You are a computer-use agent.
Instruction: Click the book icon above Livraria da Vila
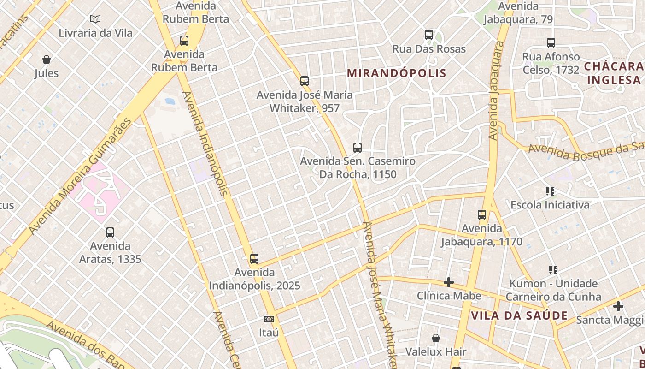pyautogui.click(x=95, y=19)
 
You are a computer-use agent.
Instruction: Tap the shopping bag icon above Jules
pyautogui.click(x=47, y=60)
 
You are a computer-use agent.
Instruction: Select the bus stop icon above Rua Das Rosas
pyautogui.click(x=429, y=35)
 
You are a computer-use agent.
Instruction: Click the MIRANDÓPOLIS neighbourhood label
pyautogui.click(x=397, y=73)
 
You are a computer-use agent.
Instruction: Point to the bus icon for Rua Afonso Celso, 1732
pyautogui.click(x=551, y=43)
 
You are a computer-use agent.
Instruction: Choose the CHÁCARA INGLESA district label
pyautogui.click(x=614, y=73)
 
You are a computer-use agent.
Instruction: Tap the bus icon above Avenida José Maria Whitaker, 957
pyautogui.click(x=305, y=81)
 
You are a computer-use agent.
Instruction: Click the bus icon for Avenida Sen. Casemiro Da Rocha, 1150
pyautogui.click(x=358, y=148)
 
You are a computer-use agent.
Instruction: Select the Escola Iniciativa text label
pyautogui.click(x=550, y=205)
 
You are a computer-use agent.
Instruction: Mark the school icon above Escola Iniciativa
pyautogui.click(x=550, y=191)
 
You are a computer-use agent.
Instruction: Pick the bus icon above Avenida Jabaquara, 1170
pyautogui.click(x=482, y=215)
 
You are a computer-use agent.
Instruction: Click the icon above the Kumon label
pyautogui.click(x=553, y=269)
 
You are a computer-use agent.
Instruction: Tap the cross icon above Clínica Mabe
pyautogui.click(x=449, y=282)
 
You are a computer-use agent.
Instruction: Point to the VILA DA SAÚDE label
pyautogui.click(x=519, y=316)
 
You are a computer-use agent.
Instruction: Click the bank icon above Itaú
pyautogui.click(x=269, y=319)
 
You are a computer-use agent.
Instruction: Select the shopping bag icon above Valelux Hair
pyautogui.click(x=436, y=339)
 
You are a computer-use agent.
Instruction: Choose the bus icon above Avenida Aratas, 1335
pyautogui.click(x=110, y=232)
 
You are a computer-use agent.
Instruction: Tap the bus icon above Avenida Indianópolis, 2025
pyautogui.click(x=254, y=259)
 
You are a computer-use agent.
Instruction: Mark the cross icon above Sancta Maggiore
pyautogui.click(x=618, y=306)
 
